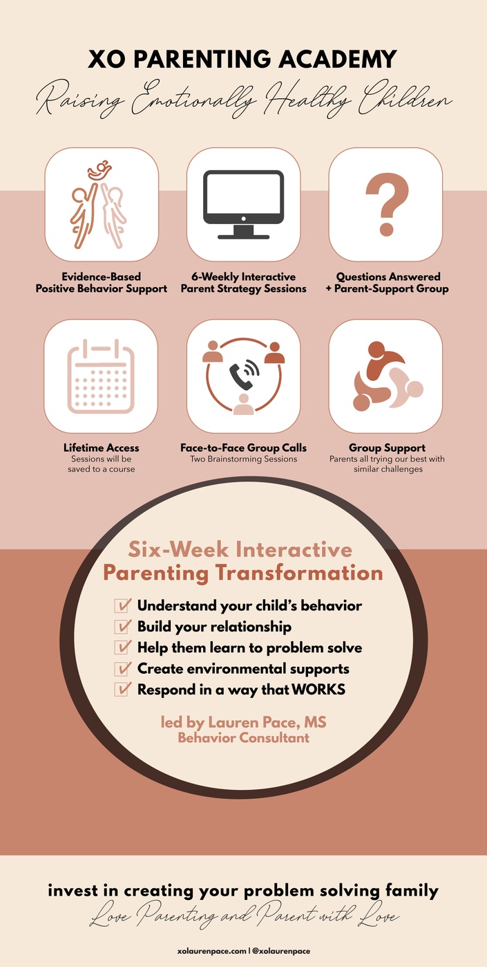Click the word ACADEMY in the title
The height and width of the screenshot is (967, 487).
click(x=338, y=59)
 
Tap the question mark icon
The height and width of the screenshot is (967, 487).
click(x=387, y=204)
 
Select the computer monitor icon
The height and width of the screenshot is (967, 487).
click(x=243, y=204)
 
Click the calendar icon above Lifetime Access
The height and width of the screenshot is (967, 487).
click(x=101, y=376)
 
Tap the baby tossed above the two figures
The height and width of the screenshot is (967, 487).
click(x=99, y=171)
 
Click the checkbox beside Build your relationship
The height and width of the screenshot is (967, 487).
click(x=123, y=627)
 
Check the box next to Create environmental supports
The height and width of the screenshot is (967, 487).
click(x=123, y=668)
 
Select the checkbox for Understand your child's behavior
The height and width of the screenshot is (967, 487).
click(x=123, y=605)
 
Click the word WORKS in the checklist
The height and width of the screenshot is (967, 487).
click(x=318, y=690)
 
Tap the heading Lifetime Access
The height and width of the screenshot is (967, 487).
click(x=102, y=448)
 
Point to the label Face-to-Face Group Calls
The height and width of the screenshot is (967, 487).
click(x=243, y=448)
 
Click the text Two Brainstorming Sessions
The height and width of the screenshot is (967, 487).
click(x=243, y=459)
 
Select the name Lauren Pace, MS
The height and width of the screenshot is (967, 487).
click(x=267, y=722)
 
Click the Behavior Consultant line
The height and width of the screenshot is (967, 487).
click(x=243, y=738)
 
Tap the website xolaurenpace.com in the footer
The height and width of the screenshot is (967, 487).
click(x=211, y=951)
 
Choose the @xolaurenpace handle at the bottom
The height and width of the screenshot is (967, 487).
click(x=281, y=951)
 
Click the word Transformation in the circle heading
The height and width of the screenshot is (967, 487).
click(x=299, y=573)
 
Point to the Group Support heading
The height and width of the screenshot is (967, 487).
click(x=387, y=448)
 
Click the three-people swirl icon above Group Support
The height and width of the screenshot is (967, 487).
click(x=387, y=376)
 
